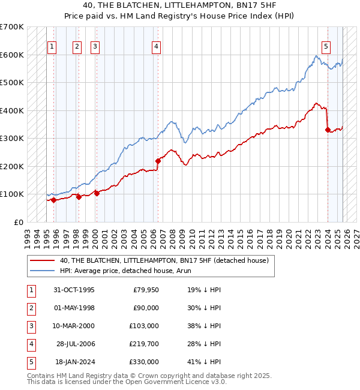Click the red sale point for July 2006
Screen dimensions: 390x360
click(158, 161)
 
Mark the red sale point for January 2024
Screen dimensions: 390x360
click(328, 130)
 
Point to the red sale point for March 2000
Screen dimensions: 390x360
click(97, 193)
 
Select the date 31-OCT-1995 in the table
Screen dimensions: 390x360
click(74, 290)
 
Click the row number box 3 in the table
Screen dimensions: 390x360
click(31, 326)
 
